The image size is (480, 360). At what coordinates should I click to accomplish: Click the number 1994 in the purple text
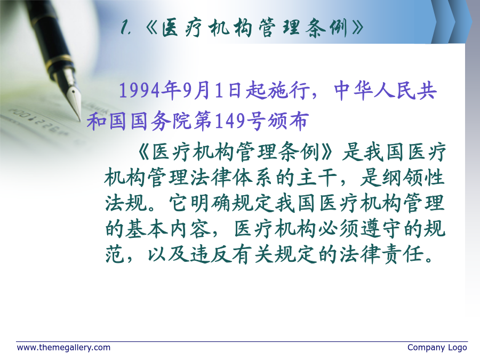139,91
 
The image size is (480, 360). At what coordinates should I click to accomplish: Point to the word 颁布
287,121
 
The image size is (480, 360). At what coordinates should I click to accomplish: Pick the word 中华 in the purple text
354,91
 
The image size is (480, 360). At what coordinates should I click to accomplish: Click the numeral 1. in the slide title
126,28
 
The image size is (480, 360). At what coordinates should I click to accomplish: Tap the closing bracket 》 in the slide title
357,28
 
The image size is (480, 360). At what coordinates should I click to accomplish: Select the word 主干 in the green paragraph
317,178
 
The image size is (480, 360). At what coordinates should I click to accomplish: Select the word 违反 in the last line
211,254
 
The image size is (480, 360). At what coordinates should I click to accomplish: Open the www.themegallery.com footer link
63,348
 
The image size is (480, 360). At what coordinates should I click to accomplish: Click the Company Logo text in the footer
437,348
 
